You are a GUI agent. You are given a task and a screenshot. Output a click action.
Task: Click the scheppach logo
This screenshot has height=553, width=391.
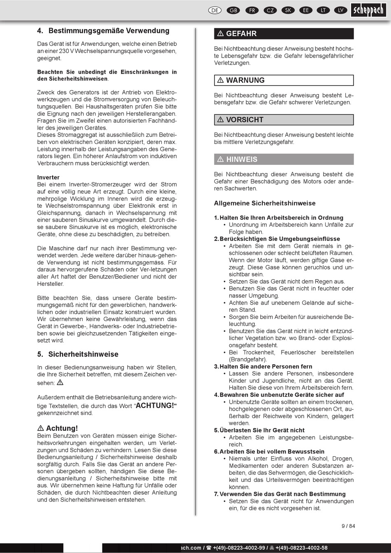[368, 10]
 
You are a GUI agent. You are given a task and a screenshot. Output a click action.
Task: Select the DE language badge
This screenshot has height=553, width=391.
[215, 10]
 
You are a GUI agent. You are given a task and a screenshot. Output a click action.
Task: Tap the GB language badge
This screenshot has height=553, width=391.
[233, 10]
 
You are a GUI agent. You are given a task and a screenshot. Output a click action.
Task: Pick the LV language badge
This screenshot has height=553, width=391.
[340, 10]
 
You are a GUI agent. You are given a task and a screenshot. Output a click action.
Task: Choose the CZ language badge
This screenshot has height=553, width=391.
[270, 10]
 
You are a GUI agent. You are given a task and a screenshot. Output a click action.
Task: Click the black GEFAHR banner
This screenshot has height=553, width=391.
[284, 34]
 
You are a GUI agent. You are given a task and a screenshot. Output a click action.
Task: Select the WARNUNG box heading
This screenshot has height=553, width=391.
[284, 80]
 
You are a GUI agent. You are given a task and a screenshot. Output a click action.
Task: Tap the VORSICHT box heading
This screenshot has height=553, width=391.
[284, 120]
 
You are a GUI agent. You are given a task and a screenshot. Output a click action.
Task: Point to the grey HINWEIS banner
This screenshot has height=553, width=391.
[284, 159]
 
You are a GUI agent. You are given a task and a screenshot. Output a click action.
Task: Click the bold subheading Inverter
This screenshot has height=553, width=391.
[48, 178]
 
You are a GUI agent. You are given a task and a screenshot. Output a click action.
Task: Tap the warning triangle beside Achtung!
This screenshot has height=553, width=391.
[41, 428]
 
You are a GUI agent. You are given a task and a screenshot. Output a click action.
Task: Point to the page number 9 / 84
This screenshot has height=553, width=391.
[348, 526]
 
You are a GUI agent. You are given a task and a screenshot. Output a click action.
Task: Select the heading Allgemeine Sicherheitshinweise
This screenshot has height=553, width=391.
[265, 203]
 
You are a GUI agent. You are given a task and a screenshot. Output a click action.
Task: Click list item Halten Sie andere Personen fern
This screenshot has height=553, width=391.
[265, 366]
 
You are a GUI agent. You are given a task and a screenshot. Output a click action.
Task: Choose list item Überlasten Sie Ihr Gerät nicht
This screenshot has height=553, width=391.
[262, 430]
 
